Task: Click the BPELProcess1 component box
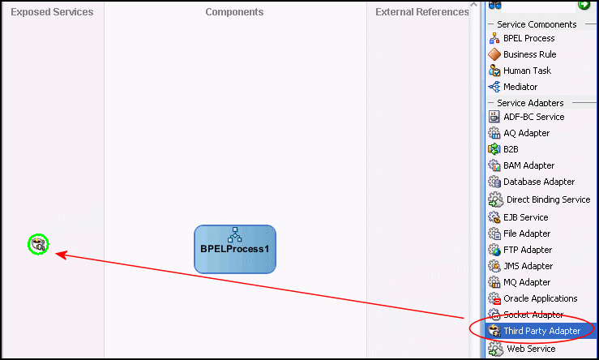235,249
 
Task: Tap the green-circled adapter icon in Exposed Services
38,244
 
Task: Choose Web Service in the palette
522,349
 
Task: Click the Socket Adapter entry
526,315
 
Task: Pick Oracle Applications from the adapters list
533,298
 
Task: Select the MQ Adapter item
520,282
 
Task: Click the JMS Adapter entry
520,266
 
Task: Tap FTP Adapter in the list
520,250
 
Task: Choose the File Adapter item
520,234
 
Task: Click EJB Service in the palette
519,217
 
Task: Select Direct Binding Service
539,199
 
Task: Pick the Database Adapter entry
532,182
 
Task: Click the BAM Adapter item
521,165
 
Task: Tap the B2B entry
503,149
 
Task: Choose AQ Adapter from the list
519,133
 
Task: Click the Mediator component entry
513,87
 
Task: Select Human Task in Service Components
520,71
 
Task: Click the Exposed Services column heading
52,12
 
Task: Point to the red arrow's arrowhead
58,253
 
